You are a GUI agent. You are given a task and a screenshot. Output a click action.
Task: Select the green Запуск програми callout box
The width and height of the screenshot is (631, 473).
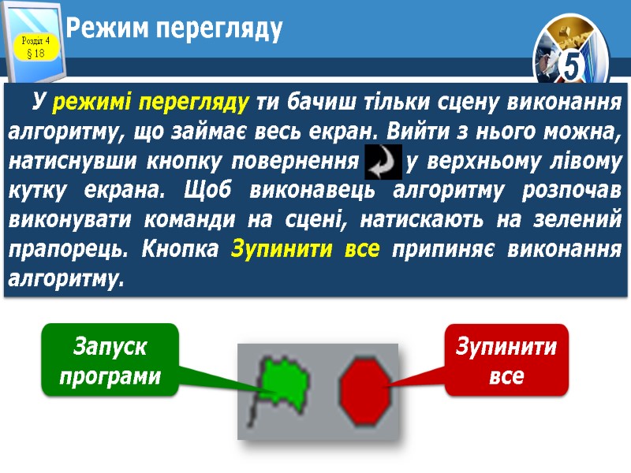tap(110, 359)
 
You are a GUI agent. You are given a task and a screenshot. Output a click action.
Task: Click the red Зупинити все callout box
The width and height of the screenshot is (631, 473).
tap(506, 359)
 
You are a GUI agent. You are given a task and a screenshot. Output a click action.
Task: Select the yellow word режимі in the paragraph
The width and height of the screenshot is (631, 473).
tap(88, 102)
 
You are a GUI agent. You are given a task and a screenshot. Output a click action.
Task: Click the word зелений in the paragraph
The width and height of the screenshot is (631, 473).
tap(583, 222)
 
